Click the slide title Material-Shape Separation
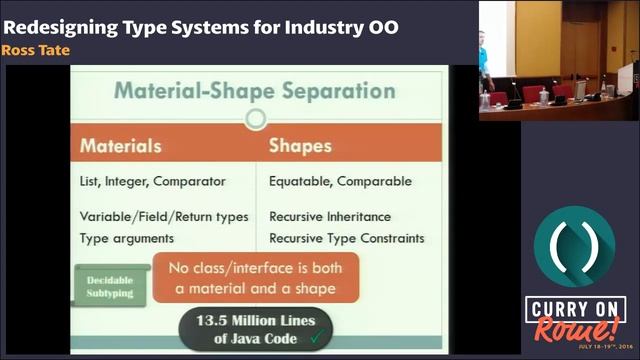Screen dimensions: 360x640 254,91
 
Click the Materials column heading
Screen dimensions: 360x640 121,146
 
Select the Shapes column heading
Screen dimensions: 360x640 300,146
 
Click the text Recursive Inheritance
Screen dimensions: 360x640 330,216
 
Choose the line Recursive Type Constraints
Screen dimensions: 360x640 346,238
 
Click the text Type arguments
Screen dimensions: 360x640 127,238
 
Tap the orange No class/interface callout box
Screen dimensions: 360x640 255,279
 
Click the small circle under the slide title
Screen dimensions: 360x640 255,120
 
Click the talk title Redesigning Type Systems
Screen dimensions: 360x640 201,26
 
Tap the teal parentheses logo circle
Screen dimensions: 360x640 573,246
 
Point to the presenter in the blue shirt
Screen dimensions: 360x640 483,60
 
